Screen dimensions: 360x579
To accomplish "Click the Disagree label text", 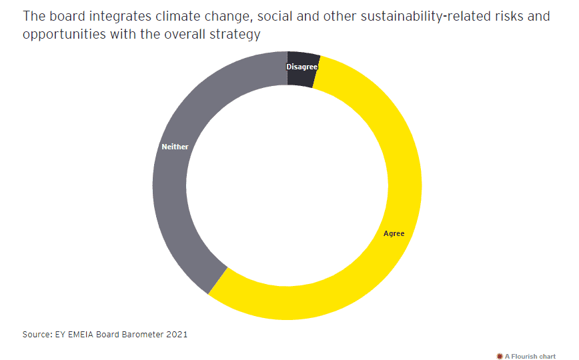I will (x=302, y=67).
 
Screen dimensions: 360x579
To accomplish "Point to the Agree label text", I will (x=394, y=233).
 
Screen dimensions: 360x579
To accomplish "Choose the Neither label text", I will (x=175, y=147).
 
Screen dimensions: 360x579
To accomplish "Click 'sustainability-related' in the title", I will (x=410, y=16).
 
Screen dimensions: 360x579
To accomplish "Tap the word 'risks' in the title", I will (x=503, y=16).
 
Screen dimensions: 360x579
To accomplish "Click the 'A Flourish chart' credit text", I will (x=531, y=356).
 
